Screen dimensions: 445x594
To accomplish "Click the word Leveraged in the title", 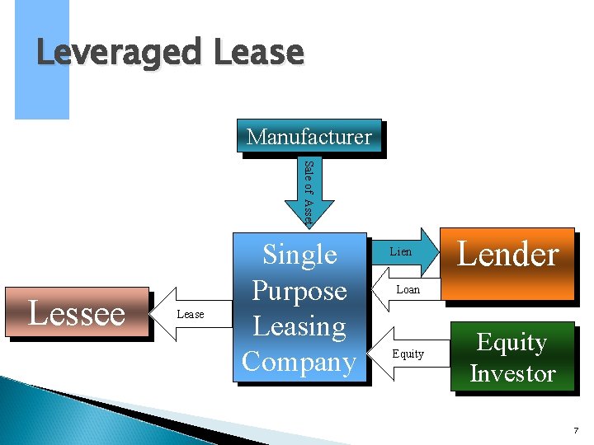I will coord(117,54).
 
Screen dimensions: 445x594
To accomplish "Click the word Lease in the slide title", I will coord(259,54).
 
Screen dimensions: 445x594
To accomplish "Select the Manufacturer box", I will coord(309,136).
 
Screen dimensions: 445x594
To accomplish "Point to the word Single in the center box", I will coord(299,255).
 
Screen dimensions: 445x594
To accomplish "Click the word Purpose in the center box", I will coord(299,290).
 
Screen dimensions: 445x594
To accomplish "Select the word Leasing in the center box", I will coord(299,326).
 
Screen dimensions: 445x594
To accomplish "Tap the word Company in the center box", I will coord(299,362).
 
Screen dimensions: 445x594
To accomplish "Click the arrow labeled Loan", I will coord(408,289).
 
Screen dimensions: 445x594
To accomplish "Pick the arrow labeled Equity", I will coord(408,354).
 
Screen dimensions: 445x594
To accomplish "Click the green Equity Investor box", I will coord(512,357).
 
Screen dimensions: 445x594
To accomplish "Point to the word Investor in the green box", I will coord(512,373).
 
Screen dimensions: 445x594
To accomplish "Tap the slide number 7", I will coord(576,431).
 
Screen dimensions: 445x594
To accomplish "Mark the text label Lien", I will coord(401,251).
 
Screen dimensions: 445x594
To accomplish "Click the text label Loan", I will coord(408,289).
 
